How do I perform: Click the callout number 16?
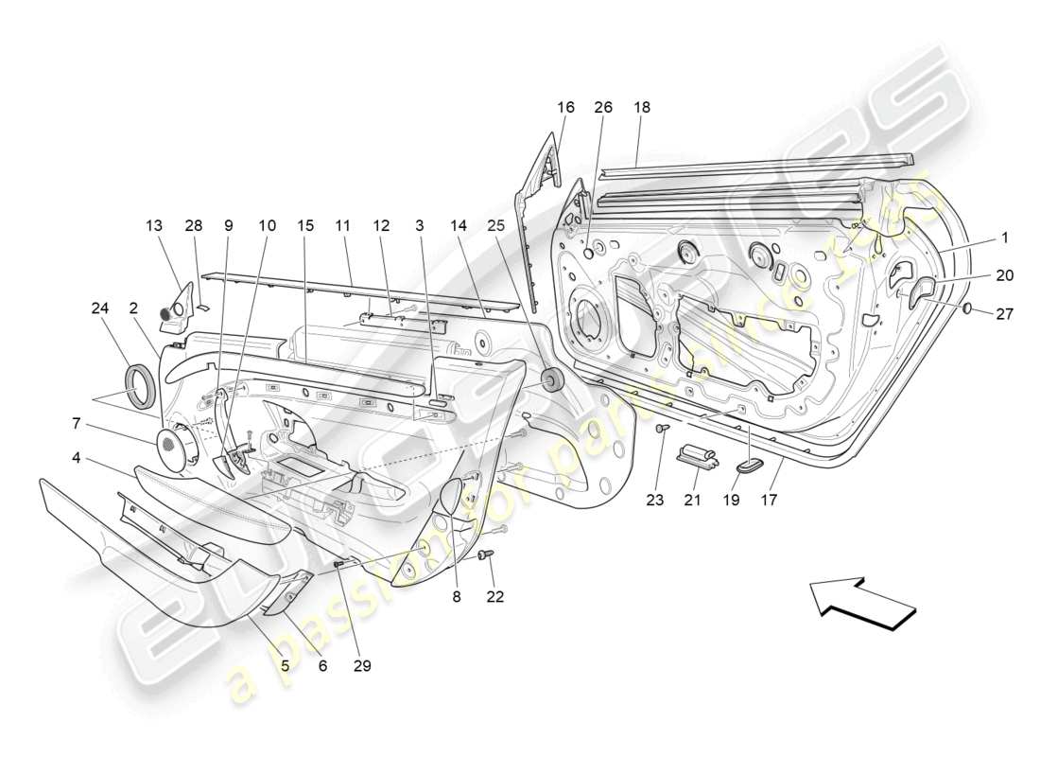pyautogui.click(x=565, y=108)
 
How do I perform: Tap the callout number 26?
pyautogui.click(x=603, y=108)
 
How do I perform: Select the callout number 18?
pyautogui.click(x=642, y=108)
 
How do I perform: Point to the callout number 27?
pyautogui.click(x=1004, y=313)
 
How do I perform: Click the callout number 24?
pyautogui.click(x=100, y=307)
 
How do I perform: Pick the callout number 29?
pyautogui.click(x=361, y=665)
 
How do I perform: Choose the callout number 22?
pyautogui.click(x=494, y=596)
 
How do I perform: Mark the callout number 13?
pyautogui.click(x=154, y=226)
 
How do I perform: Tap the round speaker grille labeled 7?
pyautogui.click(x=171, y=448)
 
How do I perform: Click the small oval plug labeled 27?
pyautogui.click(x=969, y=308)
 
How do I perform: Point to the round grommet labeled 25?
pyautogui.click(x=548, y=380)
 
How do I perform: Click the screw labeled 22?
pyautogui.click(x=488, y=555)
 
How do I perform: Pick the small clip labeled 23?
pyautogui.click(x=662, y=430)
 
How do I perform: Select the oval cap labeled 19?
pyautogui.click(x=753, y=465)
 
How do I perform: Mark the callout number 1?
pyautogui.click(x=1005, y=238)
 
